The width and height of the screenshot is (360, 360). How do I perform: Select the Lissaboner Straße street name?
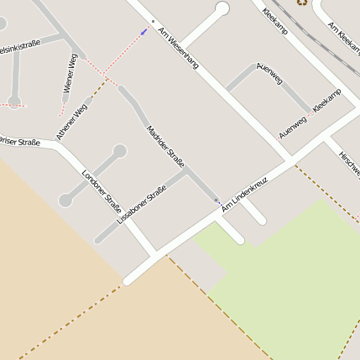142,206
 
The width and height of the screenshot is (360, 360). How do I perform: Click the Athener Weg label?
72,120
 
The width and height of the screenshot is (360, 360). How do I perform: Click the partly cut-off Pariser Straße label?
18,142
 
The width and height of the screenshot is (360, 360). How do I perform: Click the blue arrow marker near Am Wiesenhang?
144,31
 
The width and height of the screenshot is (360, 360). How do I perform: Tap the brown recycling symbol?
300,3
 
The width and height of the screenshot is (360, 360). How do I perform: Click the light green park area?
285,269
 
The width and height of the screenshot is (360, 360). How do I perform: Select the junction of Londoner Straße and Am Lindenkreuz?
153,253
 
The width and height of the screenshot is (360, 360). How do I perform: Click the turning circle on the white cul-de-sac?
222,9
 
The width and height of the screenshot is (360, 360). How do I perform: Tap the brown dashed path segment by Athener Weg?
97,90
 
